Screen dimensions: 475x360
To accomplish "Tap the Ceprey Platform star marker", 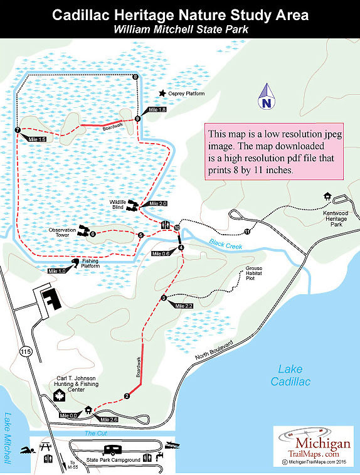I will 162,93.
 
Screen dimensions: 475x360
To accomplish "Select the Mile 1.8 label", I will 157,110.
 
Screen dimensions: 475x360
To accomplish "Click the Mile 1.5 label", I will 37,139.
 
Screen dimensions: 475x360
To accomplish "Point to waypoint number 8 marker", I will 135,77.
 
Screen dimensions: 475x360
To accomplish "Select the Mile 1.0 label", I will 58,271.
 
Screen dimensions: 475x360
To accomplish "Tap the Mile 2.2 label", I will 184,306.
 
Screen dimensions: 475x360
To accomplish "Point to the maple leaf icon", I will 61,395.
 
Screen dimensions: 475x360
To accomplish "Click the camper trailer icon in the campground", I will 114,450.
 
